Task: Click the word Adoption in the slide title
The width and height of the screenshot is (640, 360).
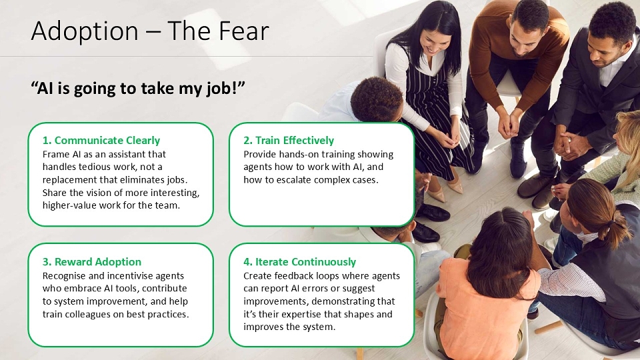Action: coord(85,31)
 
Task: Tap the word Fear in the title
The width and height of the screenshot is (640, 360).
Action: coord(244,31)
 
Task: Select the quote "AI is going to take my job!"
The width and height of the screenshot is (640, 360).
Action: coord(138,89)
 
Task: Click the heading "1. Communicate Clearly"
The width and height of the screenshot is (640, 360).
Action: coord(101,141)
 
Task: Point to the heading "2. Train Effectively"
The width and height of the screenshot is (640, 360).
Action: coord(289,141)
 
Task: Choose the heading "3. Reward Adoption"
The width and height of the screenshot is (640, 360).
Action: coord(92,261)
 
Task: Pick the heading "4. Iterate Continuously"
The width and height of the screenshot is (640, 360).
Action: coord(299,261)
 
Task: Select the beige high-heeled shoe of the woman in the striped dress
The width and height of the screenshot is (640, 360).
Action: coord(455,186)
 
